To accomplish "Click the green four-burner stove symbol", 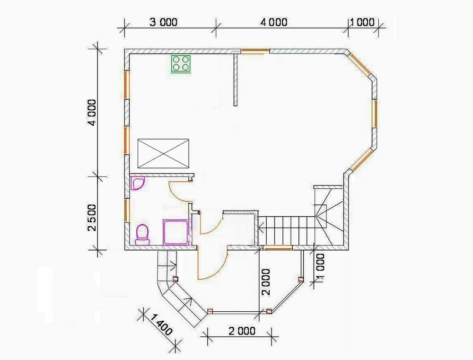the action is click(x=181, y=63).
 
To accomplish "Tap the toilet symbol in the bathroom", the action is click(x=142, y=234).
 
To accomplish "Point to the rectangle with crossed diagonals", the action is click(x=163, y=153).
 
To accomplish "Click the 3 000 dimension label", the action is click(x=163, y=22).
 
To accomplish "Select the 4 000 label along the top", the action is click(x=274, y=22).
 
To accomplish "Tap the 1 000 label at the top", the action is click(x=362, y=22).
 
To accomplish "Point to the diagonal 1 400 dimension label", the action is click(x=161, y=325).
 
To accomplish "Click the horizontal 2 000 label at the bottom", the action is click(x=242, y=331).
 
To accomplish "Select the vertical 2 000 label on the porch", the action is click(x=266, y=282).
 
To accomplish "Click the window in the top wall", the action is click(x=255, y=51).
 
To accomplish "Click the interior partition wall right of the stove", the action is click(x=235, y=79).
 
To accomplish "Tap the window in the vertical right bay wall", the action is click(x=374, y=113).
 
